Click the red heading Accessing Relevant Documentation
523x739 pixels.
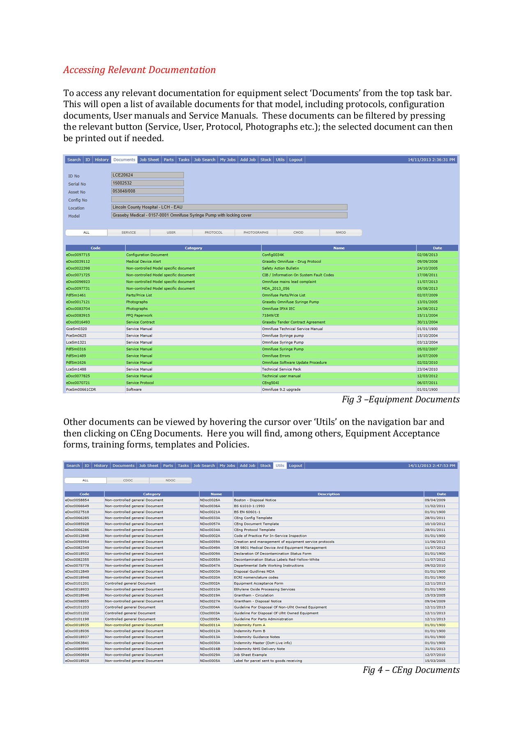(139, 70)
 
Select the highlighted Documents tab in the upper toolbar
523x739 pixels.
(124, 160)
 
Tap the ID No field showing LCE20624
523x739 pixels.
(147, 175)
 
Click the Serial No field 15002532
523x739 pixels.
(147, 183)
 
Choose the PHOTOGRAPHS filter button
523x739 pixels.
(256, 233)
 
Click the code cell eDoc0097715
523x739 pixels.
(78, 255)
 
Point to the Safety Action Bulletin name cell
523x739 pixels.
(281, 269)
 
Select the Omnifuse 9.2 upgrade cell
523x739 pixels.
(281, 390)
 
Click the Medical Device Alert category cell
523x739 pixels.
(143, 262)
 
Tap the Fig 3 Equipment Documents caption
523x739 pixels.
(401, 399)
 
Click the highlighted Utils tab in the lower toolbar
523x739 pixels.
(280, 466)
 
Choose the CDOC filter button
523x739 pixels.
(128, 480)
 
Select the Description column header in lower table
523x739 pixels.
(328, 494)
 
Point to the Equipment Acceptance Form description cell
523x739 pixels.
(258, 583)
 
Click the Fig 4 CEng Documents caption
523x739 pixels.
(411, 670)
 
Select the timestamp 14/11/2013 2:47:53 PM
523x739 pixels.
(431, 466)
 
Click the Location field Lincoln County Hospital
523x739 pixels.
(229, 207)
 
